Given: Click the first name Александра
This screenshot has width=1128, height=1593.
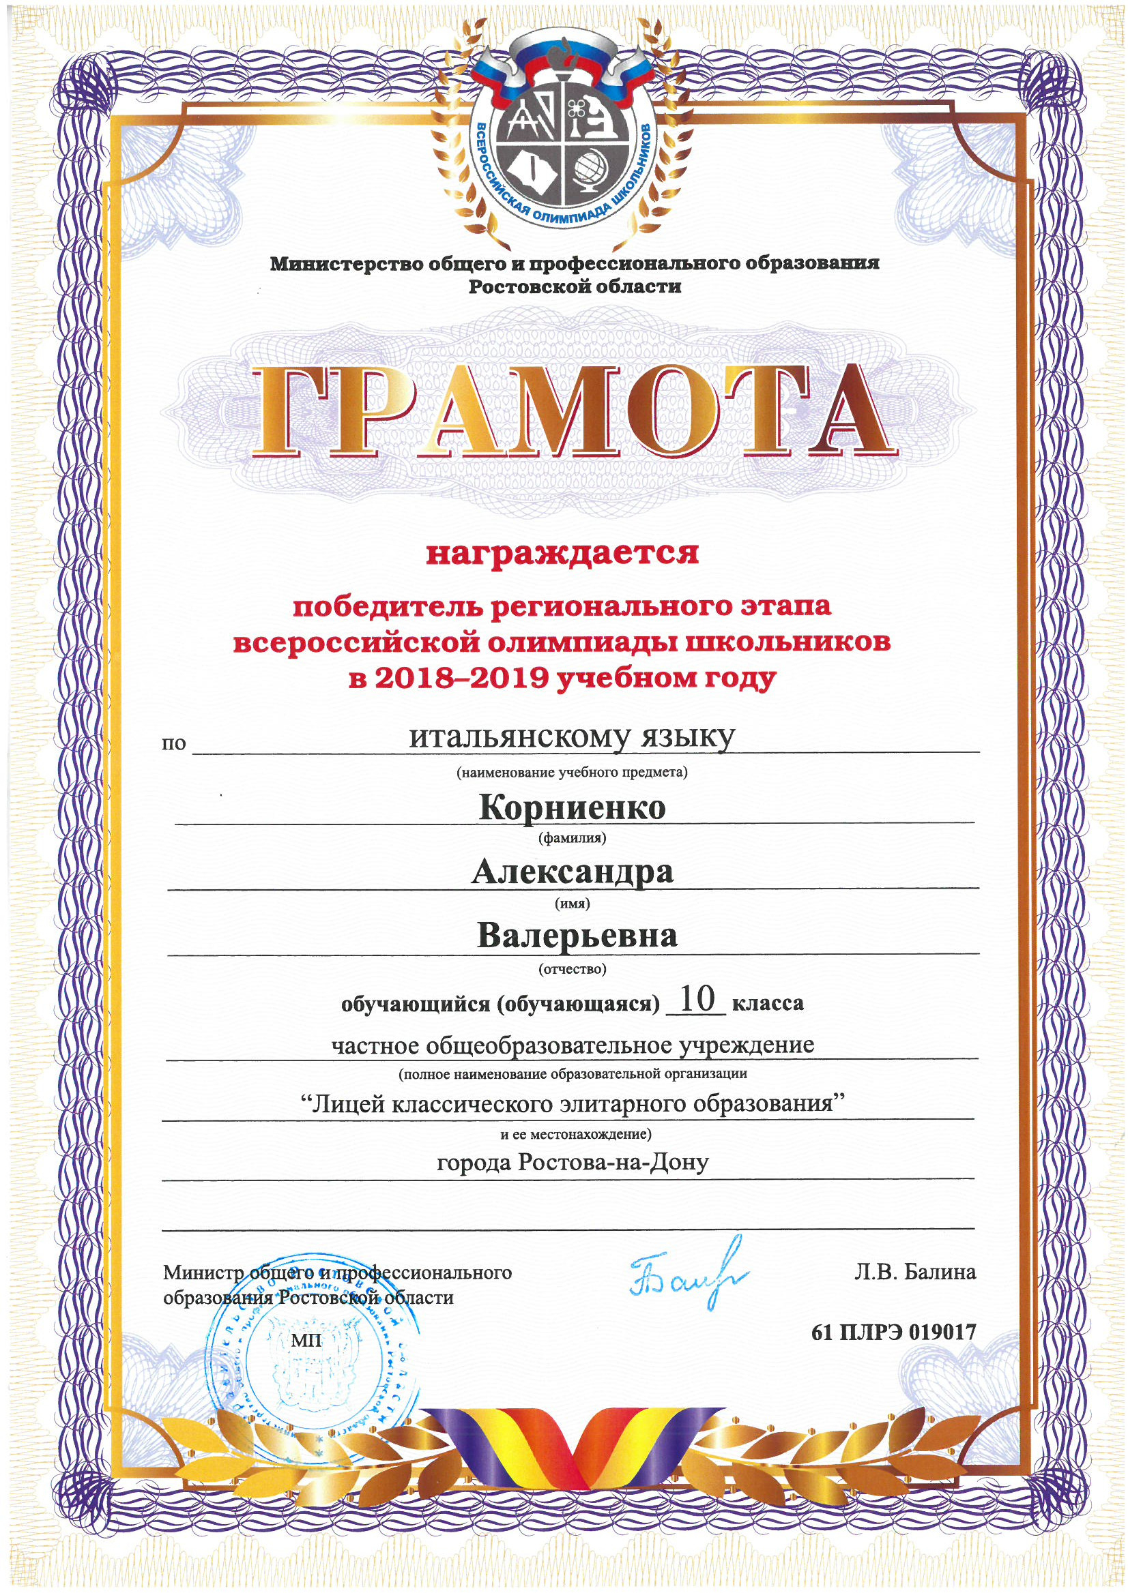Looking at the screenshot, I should (x=573, y=872).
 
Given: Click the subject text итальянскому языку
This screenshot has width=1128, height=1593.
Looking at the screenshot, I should (x=571, y=739).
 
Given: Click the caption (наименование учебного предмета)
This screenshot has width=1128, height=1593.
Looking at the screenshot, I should (x=571, y=773).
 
